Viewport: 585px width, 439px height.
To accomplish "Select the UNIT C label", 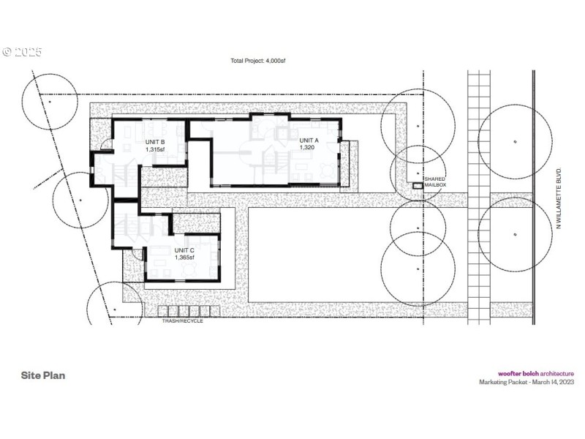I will tap(184, 250).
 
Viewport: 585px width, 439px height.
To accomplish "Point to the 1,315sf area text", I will tap(155, 149).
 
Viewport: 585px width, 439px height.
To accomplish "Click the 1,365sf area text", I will tap(184, 258).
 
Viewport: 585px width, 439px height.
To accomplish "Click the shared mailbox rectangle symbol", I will tap(418, 186).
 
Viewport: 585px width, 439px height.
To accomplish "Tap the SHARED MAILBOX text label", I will tap(435, 183).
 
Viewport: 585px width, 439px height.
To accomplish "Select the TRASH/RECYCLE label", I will tap(182, 320).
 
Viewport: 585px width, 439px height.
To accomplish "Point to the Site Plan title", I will tap(43, 375).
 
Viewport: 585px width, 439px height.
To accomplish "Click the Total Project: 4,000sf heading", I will tap(258, 61).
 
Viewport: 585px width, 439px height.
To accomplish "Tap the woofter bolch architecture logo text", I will tap(536, 373).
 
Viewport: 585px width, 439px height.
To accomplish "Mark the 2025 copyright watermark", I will tap(22, 52).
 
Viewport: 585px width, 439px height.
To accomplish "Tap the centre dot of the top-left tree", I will tap(49, 102).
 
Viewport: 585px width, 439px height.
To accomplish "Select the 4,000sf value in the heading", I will tap(274, 61).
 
